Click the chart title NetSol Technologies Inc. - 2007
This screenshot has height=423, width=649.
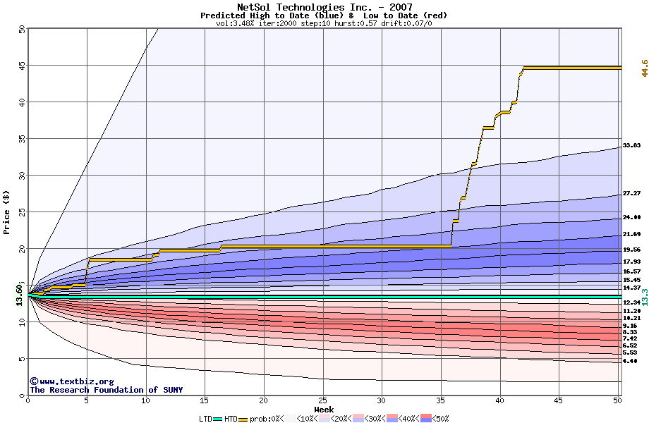point(324,7)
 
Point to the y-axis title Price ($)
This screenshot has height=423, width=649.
point(6,212)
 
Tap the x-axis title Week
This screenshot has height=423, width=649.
point(324,409)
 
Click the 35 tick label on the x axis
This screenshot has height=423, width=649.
point(441,400)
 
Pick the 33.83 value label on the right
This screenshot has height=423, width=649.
point(631,145)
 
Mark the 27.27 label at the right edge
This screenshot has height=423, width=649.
point(631,193)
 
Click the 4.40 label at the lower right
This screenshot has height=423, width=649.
point(631,361)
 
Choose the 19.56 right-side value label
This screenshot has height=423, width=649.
point(631,250)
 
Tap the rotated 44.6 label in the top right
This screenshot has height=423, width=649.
point(643,68)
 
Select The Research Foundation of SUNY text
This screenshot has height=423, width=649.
point(107,390)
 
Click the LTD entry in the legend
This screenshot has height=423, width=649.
point(207,419)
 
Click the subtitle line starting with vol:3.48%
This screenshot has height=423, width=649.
point(324,23)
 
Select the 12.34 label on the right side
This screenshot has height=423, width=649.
point(631,302)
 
